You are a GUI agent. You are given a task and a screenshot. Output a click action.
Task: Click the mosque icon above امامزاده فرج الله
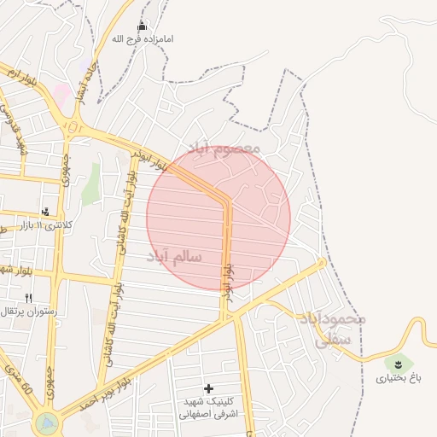tap(142, 26)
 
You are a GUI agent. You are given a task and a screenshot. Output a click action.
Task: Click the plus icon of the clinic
tap(208, 388)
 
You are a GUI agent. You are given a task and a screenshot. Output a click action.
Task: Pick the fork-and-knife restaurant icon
tap(28, 298)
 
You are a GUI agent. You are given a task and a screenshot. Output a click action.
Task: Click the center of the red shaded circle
tap(218, 218)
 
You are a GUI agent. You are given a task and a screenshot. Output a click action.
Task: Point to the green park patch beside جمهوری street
tap(90, 183)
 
